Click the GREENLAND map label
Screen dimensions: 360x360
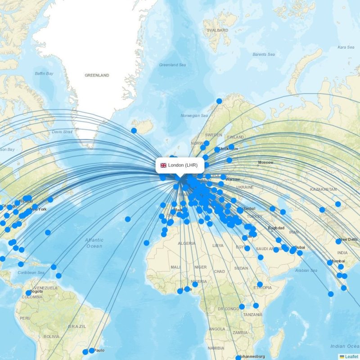pyautogui.click(x=97, y=75)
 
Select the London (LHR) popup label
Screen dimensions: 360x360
pyautogui.click(x=183, y=165)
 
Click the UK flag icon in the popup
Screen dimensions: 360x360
pyautogui.click(x=163, y=165)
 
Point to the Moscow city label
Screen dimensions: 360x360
pyautogui.click(x=265, y=162)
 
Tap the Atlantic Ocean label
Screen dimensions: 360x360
pyautogui.click(x=94, y=243)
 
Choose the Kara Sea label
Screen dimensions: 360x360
pyautogui.click(x=346, y=47)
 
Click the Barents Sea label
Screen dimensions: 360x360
pyautogui.click(x=263, y=54)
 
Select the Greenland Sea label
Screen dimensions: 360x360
pyautogui.click(x=172, y=65)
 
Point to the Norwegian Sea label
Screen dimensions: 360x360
pyautogui.click(x=194, y=116)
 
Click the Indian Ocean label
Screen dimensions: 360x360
pyautogui.click(x=344, y=346)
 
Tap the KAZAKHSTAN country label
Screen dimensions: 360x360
pyautogui.click(x=323, y=189)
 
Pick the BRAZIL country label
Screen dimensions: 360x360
pyautogui.click(x=77, y=326)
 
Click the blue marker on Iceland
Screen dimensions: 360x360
pyautogui.click(x=134, y=130)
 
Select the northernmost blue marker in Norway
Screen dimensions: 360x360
pyautogui.click(x=219, y=101)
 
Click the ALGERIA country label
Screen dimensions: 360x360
pyautogui.click(x=187, y=243)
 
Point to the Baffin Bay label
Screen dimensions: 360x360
pyautogui.click(x=44, y=73)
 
